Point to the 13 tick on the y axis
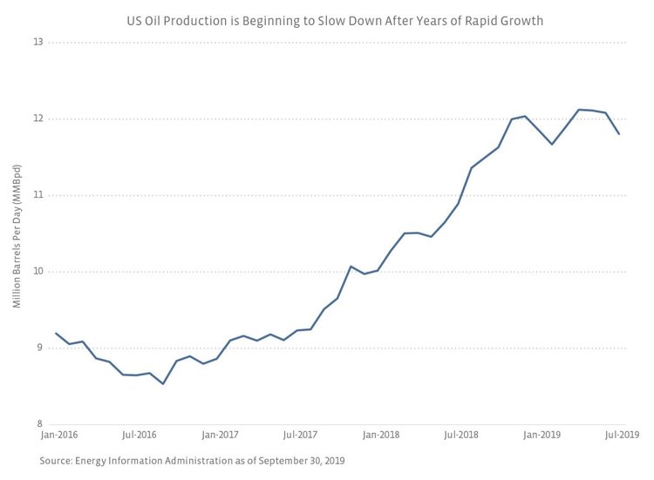tap(39, 43)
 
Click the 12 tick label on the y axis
tap(39, 118)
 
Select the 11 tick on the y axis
tap(39, 195)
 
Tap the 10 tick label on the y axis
tap(39, 272)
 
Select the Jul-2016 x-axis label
tap(139, 434)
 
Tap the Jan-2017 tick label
tap(221, 434)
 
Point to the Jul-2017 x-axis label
tap(300, 434)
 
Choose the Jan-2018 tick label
tap(382, 434)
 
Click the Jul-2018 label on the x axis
tap(461, 434)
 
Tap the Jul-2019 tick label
tap(623, 434)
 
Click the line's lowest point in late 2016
tap(163, 383)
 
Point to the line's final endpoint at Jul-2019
tap(619, 134)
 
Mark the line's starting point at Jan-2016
tap(56, 334)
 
